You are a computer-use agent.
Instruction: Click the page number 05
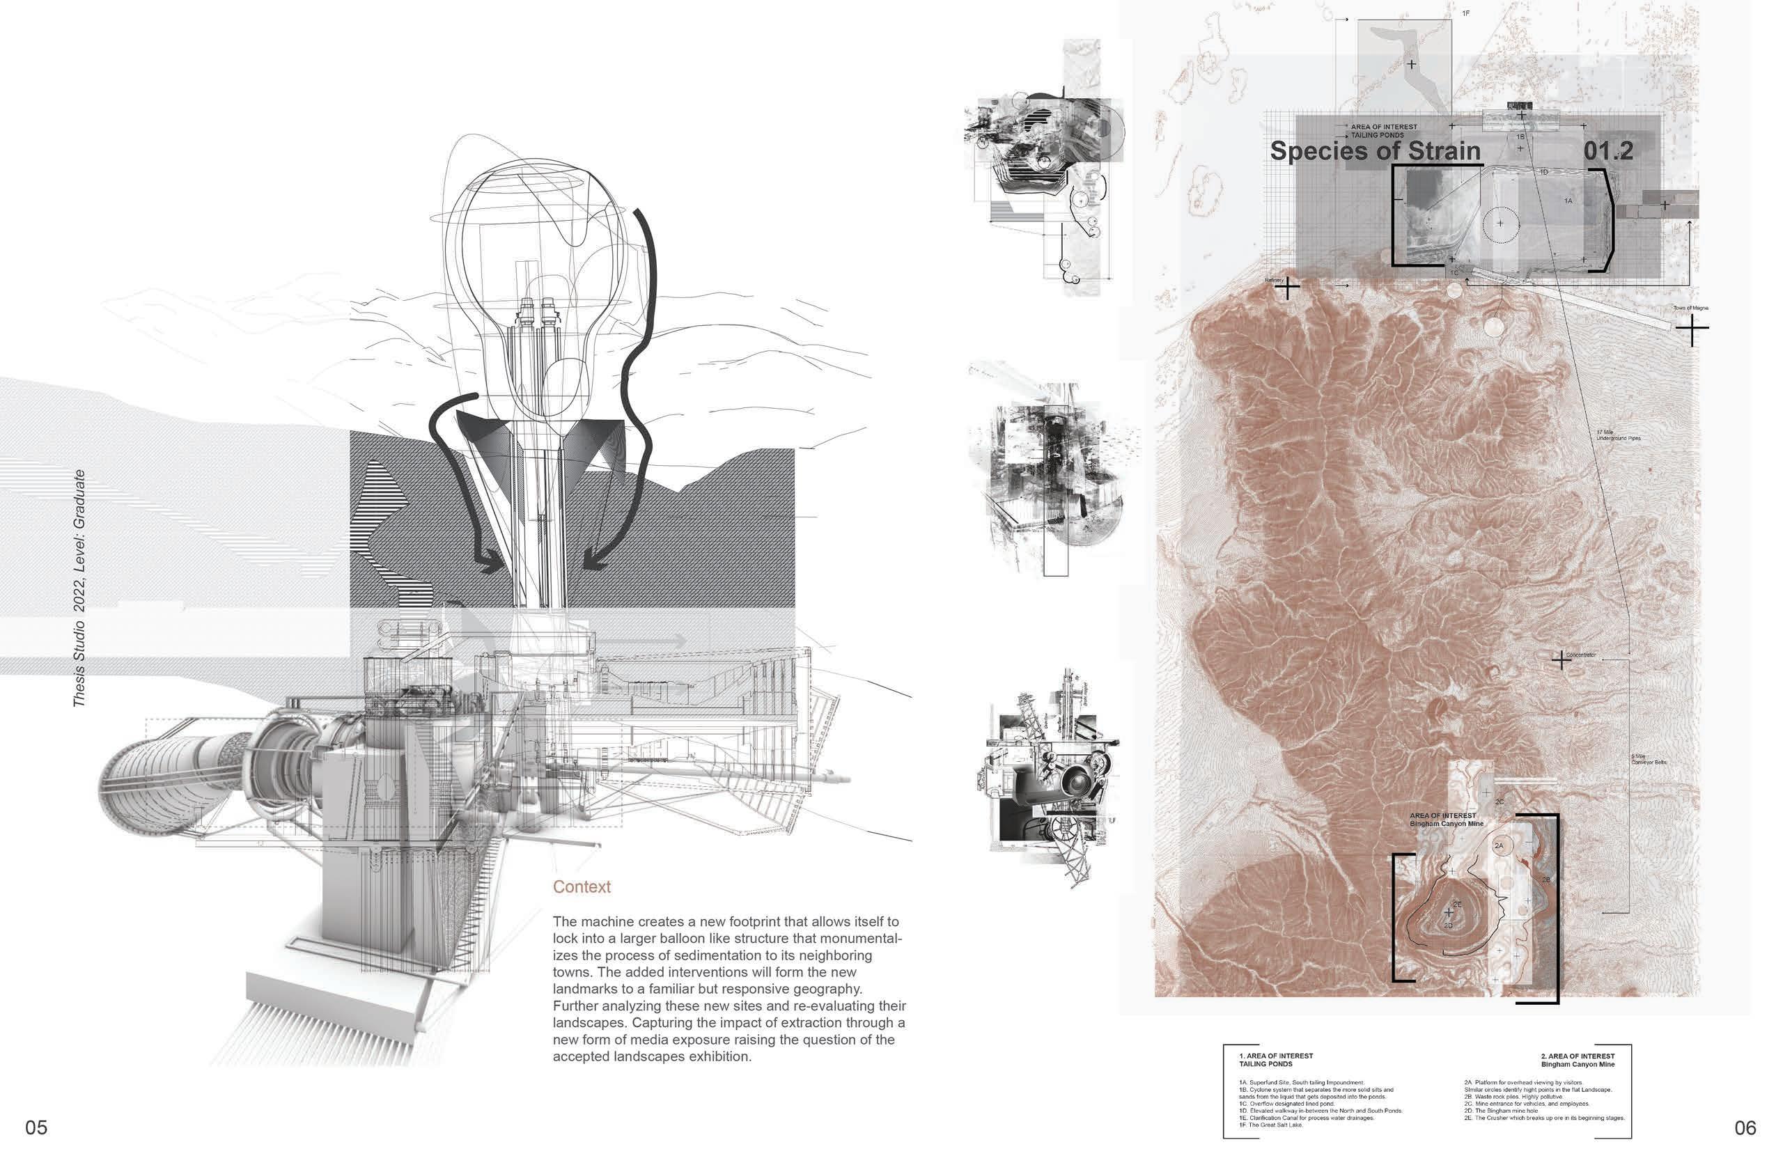tap(36, 1127)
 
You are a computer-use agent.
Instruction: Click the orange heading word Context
tap(582, 886)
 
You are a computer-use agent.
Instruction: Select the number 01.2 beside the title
tap(1608, 152)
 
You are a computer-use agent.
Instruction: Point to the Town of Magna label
tap(1690, 308)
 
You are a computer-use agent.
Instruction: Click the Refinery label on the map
tap(1274, 280)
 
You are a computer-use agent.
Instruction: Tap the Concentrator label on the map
tap(1580, 655)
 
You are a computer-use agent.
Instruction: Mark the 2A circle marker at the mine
tap(1499, 845)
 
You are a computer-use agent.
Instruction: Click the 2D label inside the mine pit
tap(1448, 926)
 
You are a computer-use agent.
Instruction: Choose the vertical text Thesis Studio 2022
tap(79, 589)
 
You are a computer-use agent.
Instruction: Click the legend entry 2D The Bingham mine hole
tap(1500, 1111)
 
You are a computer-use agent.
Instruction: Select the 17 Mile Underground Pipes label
tap(1618, 435)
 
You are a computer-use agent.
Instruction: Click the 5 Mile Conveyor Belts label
tap(1649, 759)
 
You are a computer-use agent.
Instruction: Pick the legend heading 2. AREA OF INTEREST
tap(1578, 1056)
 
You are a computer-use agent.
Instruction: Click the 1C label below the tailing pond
tap(1454, 273)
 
